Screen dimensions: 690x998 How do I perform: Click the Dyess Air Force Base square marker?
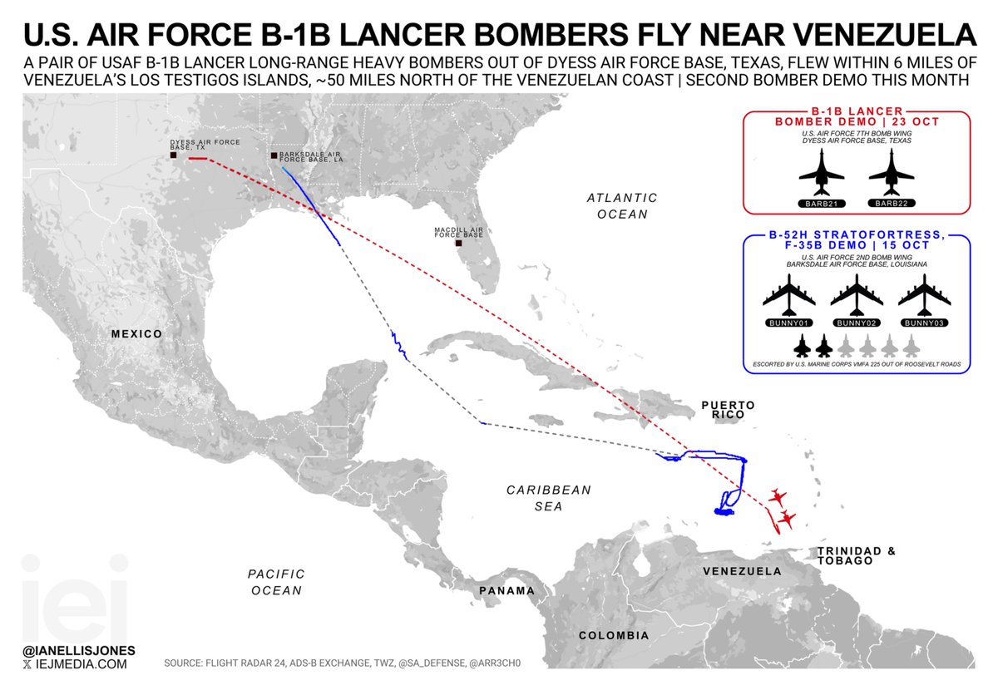pos(172,155)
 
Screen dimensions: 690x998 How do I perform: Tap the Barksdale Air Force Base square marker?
pos(274,155)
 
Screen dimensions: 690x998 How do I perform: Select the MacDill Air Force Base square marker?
pos(457,244)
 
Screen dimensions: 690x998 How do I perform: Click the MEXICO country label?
pos(137,333)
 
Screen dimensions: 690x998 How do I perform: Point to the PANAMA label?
pos(506,591)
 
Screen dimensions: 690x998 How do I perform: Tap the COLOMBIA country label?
pos(615,636)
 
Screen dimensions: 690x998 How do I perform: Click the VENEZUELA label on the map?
pos(742,572)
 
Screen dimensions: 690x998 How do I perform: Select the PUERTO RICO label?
pos(728,411)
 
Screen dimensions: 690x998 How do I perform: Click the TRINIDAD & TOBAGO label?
pos(856,556)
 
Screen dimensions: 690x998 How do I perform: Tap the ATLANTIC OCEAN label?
pos(622,205)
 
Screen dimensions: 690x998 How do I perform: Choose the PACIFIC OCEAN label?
pos(276,582)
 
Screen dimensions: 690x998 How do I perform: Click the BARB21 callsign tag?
pos(821,203)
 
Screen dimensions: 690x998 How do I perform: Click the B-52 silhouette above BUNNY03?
pos(924,293)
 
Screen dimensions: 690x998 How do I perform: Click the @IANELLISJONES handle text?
pos(81,648)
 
